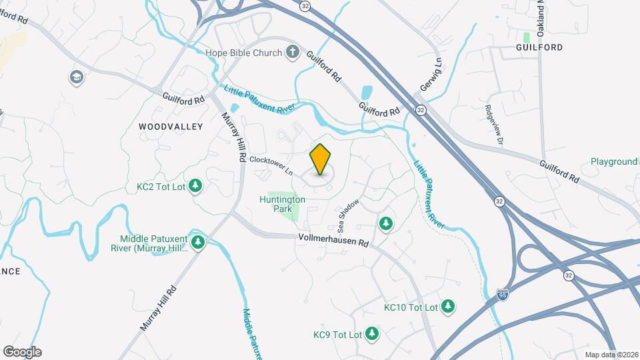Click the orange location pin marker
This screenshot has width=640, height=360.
pos(321,159)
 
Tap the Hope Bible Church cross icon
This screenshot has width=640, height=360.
pos(292,52)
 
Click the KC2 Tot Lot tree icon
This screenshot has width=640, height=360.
pos(195,185)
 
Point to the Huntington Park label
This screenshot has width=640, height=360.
pos(282,204)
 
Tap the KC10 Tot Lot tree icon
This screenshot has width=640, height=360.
pos(449,307)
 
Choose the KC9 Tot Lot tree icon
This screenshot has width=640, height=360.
pos(372,334)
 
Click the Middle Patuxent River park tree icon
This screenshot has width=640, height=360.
pos(197,242)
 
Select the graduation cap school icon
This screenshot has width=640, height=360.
pos(77,78)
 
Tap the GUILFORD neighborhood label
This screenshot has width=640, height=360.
pos(539,47)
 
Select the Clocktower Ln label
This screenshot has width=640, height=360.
pos(271,166)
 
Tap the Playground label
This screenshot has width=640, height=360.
pos(614,161)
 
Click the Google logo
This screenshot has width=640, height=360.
pos(22,352)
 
